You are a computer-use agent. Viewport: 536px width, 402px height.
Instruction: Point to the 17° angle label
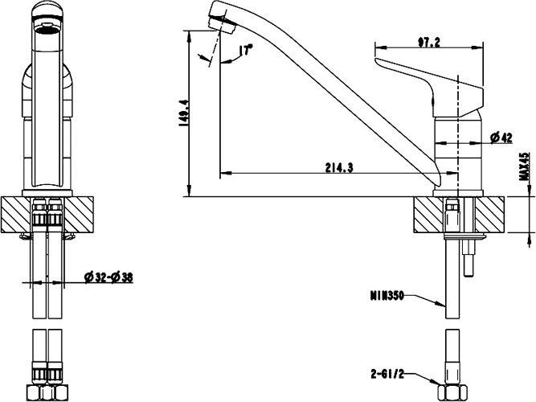tap(245, 51)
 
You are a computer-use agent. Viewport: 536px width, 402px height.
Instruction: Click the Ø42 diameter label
tap(501, 137)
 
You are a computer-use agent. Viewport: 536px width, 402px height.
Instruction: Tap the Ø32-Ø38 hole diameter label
tap(109, 278)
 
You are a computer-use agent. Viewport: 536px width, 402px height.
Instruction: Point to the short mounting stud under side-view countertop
tap(468, 259)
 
